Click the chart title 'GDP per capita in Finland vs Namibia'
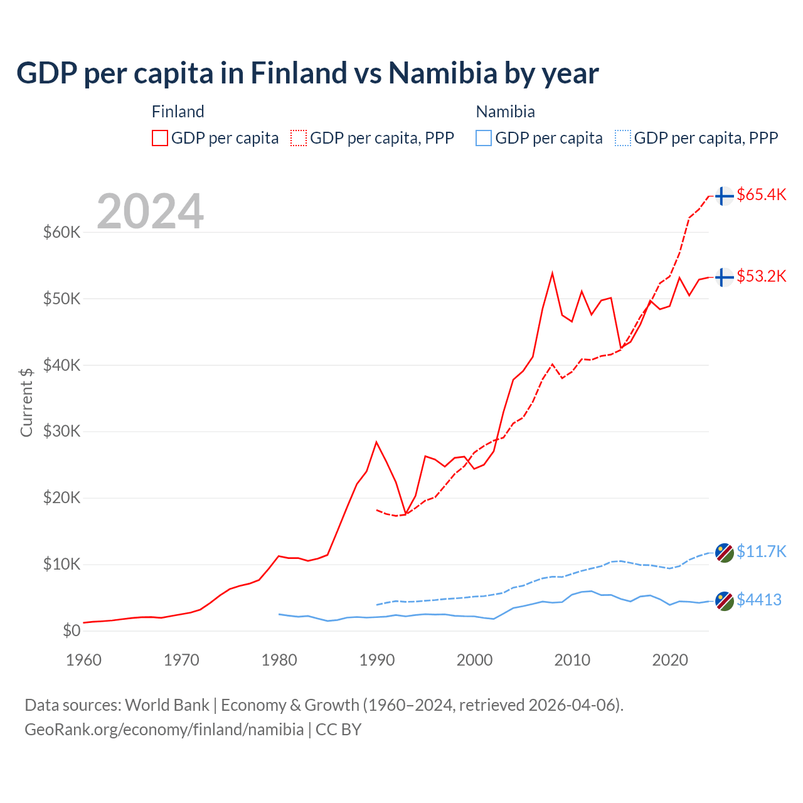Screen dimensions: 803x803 [307, 73]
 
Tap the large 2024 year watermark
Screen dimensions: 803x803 [150, 211]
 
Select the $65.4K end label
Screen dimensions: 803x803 [761, 194]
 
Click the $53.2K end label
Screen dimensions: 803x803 [761, 276]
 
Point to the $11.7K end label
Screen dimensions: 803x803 [761, 551]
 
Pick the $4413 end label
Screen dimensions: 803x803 [758, 600]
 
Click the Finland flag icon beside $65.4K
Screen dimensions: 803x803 [725, 196]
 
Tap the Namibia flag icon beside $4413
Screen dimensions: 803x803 [725, 601]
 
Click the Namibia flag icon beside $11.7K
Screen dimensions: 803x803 [725, 553]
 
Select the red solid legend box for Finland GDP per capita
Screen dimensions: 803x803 [160, 138]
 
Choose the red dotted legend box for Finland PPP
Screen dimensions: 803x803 [299, 138]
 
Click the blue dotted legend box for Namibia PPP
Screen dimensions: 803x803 [623, 138]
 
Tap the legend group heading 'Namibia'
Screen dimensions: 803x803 [505, 112]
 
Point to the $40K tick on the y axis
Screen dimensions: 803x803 [61, 365]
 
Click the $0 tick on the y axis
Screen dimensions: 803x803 [72, 630]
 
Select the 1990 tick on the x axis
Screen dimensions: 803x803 [376, 660]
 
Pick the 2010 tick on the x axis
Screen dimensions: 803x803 [572, 660]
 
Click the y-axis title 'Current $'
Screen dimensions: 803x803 [26, 401]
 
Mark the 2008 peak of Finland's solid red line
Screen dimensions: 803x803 [552, 273]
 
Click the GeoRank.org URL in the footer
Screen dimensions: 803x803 [164, 730]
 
